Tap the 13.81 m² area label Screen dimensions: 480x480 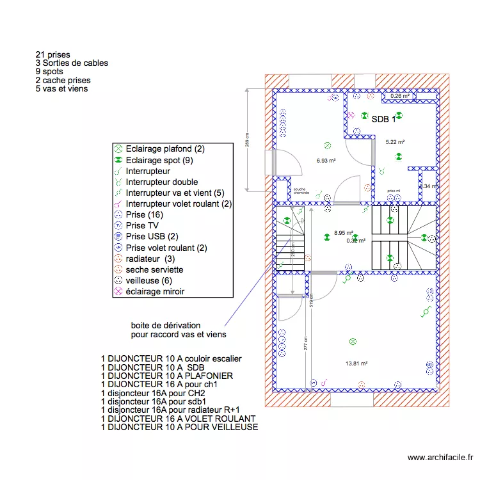[356, 364]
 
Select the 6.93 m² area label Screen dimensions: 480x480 [326, 161]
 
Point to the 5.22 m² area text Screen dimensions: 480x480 [394, 142]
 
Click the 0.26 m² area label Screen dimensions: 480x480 [400, 97]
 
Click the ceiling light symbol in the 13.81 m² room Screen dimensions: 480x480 [351, 341]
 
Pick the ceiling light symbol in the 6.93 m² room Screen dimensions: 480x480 [327, 146]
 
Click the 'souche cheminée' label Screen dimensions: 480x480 [301, 191]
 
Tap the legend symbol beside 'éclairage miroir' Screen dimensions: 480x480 [118, 292]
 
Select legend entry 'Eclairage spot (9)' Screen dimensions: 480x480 [159, 160]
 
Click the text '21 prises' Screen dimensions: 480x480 [53, 55]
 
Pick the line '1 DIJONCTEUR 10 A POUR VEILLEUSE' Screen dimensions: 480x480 [179, 426]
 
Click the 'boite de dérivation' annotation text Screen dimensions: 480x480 [166, 325]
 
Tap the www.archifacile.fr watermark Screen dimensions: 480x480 [440, 458]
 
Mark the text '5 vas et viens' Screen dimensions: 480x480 [62, 88]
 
